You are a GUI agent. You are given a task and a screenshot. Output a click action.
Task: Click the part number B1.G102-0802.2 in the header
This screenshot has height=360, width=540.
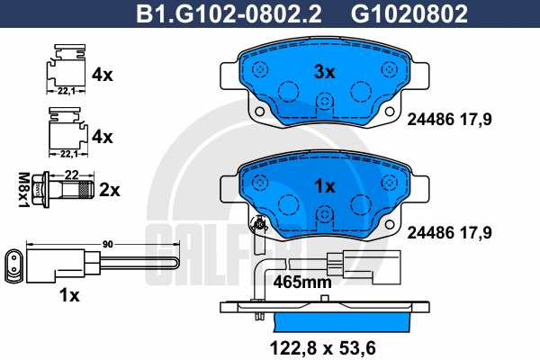click(229, 13)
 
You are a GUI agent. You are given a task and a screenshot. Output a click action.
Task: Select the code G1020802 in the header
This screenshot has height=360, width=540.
click(409, 13)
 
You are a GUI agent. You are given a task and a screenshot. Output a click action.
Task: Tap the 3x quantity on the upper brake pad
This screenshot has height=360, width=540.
click(324, 72)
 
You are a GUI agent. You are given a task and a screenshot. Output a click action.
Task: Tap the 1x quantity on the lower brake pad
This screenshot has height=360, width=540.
click(324, 186)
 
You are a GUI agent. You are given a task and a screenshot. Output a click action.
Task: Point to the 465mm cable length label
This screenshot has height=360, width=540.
click(302, 282)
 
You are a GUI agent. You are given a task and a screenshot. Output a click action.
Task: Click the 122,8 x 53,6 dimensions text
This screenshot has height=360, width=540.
click(323, 348)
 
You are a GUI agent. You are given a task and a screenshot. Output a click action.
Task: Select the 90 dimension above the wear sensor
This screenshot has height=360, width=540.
click(107, 244)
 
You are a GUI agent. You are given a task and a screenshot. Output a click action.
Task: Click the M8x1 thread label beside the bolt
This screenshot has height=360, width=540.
click(23, 190)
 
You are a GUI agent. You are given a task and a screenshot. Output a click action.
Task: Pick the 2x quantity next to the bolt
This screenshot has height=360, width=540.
click(110, 190)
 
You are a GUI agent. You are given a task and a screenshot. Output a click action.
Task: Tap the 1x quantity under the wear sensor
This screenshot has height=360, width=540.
click(69, 295)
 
